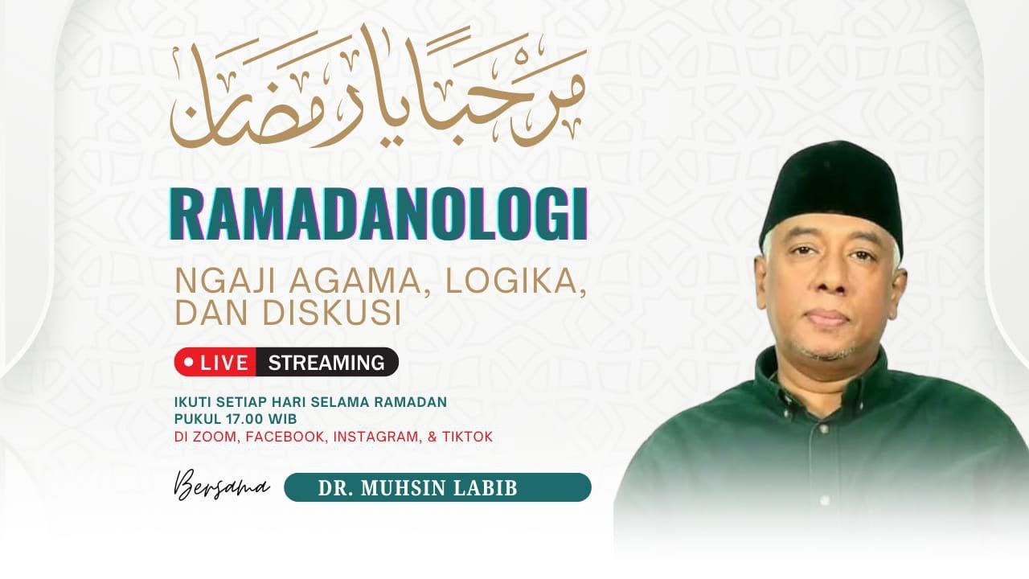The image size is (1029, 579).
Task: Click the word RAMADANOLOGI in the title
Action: pos(379,215)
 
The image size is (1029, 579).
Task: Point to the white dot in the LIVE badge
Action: pos(189,363)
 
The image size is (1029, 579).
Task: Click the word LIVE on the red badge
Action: pos(224,363)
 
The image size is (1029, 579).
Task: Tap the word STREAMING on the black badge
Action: pos(326,363)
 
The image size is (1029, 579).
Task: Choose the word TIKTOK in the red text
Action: pos(467,437)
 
